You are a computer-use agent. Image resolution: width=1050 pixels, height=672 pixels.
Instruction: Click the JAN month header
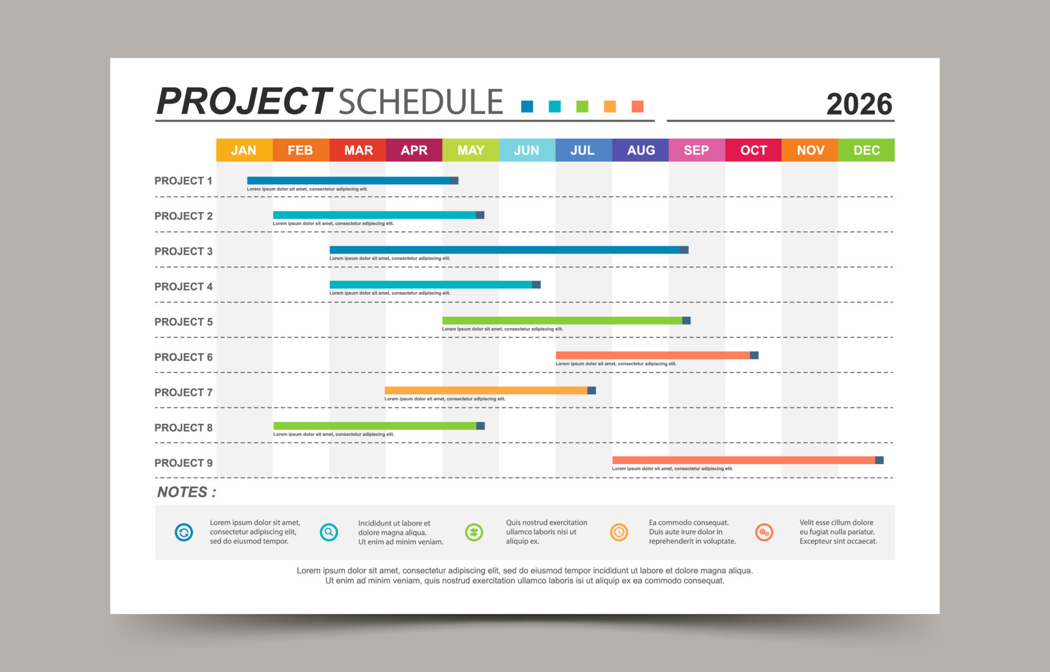pyautogui.click(x=244, y=150)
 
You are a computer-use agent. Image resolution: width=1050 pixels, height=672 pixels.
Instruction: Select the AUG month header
pyautogui.click(x=640, y=150)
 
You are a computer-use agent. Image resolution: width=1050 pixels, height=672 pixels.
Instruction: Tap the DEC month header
pyautogui.click(x=866, y=150)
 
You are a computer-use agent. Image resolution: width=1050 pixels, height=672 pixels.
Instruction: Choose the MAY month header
pyautogui.click(x=470, y=150)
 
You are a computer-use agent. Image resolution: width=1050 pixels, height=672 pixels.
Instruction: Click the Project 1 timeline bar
pyautogui.click(x=350, y=180)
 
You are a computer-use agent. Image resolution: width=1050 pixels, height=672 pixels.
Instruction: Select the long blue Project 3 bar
pyautogui.click(x=506, y=250)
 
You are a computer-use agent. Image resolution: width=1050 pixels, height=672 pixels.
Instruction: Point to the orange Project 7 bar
pyautogui.click(x=487, y=390)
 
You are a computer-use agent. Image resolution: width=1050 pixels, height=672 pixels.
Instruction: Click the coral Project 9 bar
pyautogui.click(x=744, y=460)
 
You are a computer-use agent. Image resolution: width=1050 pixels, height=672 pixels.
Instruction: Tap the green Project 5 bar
pyautogui.click(x=563, y=320)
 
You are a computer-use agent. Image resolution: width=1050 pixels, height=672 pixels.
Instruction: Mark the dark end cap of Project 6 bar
pyautogui.click(x=754, y=355)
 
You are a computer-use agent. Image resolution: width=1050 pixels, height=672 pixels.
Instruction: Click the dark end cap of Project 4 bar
pyautogui.click(x=536, y=285)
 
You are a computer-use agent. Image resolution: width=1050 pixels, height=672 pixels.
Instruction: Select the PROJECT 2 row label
pyautogui.click(x=183, y=216)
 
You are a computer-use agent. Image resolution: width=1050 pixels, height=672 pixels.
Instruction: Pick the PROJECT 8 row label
pyautogui.click(x=183, y=428)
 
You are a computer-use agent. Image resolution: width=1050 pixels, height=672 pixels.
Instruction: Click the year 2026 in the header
pyautogui.click(x=859, y=104)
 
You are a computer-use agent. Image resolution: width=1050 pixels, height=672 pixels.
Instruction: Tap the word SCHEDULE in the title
pyautogui.click(x=421, y=102)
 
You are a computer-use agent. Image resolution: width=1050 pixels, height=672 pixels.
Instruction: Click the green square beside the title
pyautogui.click(x=582, y=106)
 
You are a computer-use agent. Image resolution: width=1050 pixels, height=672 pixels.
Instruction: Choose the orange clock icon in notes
pyautogui.click(x=619, y=532)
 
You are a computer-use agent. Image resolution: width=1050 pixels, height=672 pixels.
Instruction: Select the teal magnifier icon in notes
pyautogui.click(x=329, y=532)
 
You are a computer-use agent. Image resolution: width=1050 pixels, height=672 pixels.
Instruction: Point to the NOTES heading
pyautogui.click(x=186, y=492)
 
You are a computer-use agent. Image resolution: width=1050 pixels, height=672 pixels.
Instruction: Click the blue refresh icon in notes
pyautogui.click(x=184, y=532)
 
